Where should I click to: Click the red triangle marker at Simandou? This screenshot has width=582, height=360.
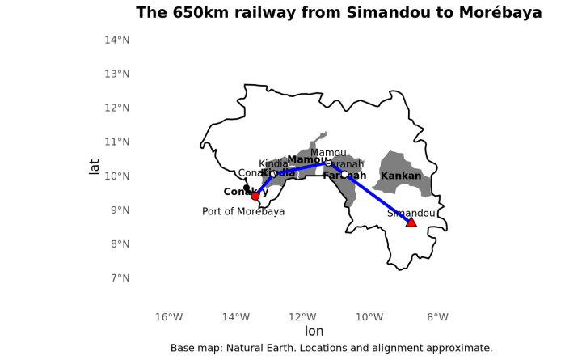pyautogui.click(x=411, y=222)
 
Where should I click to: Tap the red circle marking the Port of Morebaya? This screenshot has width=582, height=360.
pyautogui.click(x=255, y=196)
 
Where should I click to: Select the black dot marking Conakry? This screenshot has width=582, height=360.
pyautogui.click(x=247, y=188)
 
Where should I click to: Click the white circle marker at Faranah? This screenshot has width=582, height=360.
pyautogui.click(x=344, y=174)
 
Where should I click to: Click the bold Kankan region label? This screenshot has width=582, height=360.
pyautogui.click(x=401, y=176)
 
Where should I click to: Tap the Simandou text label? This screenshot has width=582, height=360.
pyautogui.click(x=411, y=214)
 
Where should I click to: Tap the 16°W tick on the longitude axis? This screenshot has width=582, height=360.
pyautogui.click(x=169, y=316)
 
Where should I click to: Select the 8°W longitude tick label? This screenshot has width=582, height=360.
pyautogui.click(x=437, y=316)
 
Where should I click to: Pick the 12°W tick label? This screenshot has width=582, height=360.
pyautogui.click(x=303, y=316)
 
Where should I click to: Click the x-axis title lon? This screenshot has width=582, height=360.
pyautogui.click(x=314, y=332)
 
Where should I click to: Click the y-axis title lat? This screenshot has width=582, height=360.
pyautogui.click(x=95, y=166)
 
